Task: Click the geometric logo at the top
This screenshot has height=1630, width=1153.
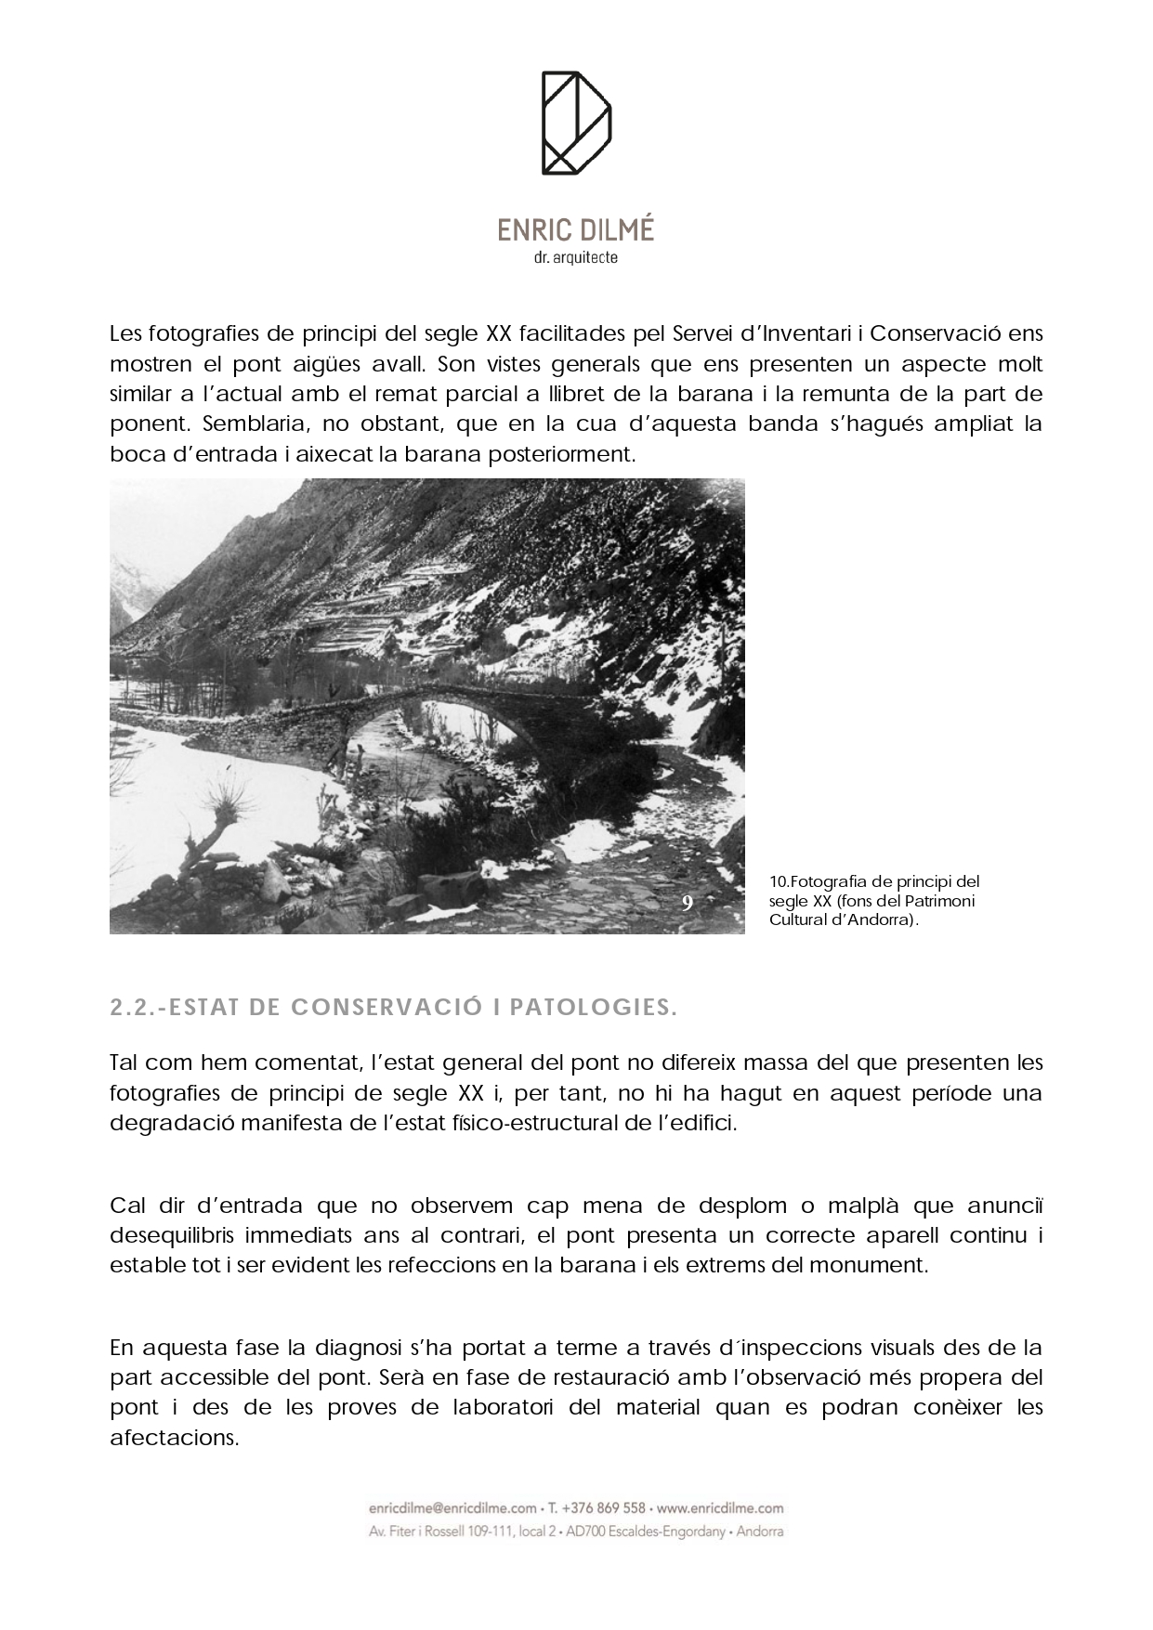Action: (576, 123)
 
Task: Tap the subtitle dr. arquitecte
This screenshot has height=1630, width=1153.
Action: (576, 257)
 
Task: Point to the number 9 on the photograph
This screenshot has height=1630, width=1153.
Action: (687, 903)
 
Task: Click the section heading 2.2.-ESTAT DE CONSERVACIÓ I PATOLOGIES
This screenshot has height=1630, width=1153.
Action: (393, 1008)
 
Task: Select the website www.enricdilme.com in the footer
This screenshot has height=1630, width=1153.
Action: (722, 1508)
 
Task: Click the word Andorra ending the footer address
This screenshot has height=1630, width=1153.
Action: (759, 1531)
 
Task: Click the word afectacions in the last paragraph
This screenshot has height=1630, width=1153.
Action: (174, 1437)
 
